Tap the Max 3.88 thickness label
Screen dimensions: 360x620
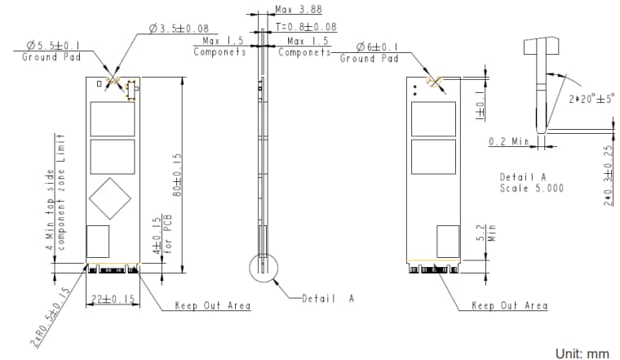pos(299,11)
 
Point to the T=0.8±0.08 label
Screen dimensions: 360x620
pos(305,26)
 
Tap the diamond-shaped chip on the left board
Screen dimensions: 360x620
pos(110,197)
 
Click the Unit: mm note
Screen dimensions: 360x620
pos(582,353)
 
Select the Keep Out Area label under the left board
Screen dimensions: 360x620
pos(213,307)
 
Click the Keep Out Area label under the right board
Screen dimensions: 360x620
pos(510,306)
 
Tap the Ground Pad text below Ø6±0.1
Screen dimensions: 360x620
pos(369,59)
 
